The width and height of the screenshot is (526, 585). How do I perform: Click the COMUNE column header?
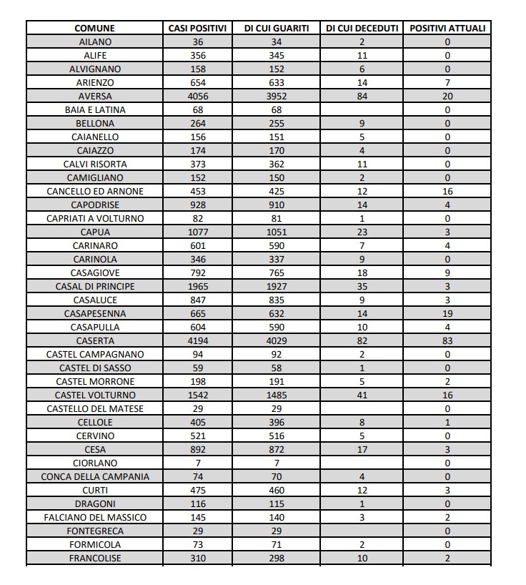point(94,29)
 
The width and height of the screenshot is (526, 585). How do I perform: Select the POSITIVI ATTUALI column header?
point(447,29)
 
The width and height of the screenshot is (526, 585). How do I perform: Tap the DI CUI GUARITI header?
point(277,29)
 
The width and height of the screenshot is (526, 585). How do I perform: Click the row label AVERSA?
point(95,97)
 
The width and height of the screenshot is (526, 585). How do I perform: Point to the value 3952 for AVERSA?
point(277,97)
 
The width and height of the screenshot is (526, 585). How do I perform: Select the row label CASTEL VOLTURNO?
point(95,395)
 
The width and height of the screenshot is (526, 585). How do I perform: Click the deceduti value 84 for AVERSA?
point(362,97)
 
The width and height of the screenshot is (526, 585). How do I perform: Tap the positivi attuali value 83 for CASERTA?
point(447,341)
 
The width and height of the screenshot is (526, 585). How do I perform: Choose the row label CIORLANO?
point(95,463)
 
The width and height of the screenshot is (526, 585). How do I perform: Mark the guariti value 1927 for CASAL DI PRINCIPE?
point(277,287)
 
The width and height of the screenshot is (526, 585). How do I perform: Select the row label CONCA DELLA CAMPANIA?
point(95,477)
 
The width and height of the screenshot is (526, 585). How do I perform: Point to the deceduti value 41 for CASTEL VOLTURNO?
point(362,395)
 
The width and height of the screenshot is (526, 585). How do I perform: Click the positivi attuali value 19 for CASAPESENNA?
point(447,314)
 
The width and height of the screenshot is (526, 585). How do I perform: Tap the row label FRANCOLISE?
point(95,559)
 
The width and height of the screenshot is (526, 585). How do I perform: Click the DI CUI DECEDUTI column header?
point(362,29)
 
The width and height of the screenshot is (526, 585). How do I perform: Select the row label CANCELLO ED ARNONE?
point(95,192)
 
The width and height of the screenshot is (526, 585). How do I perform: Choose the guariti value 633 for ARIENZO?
point(277,83)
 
